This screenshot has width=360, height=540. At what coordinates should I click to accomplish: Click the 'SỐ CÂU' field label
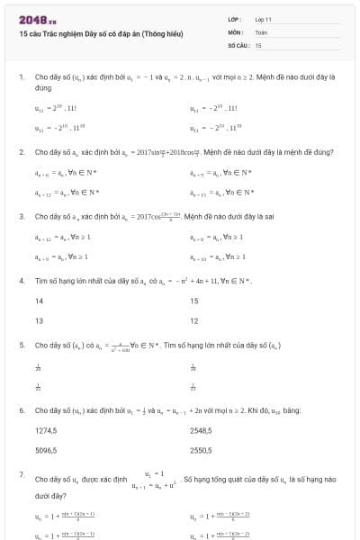237,44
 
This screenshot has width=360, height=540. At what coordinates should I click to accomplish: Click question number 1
21,77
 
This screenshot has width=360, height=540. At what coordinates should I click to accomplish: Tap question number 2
21,152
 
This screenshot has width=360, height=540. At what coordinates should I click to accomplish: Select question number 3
21,216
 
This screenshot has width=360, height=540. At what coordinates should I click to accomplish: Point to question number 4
21,281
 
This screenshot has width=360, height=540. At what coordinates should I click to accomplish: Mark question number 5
21,345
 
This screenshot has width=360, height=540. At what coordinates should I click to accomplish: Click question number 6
21,409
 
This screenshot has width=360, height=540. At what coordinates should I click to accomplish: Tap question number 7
21,473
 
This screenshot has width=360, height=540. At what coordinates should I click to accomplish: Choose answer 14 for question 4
40,301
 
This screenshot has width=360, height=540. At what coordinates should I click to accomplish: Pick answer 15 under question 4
194,301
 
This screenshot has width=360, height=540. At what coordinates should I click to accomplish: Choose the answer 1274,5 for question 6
46,430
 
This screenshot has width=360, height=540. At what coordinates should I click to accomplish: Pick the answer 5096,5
46,449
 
